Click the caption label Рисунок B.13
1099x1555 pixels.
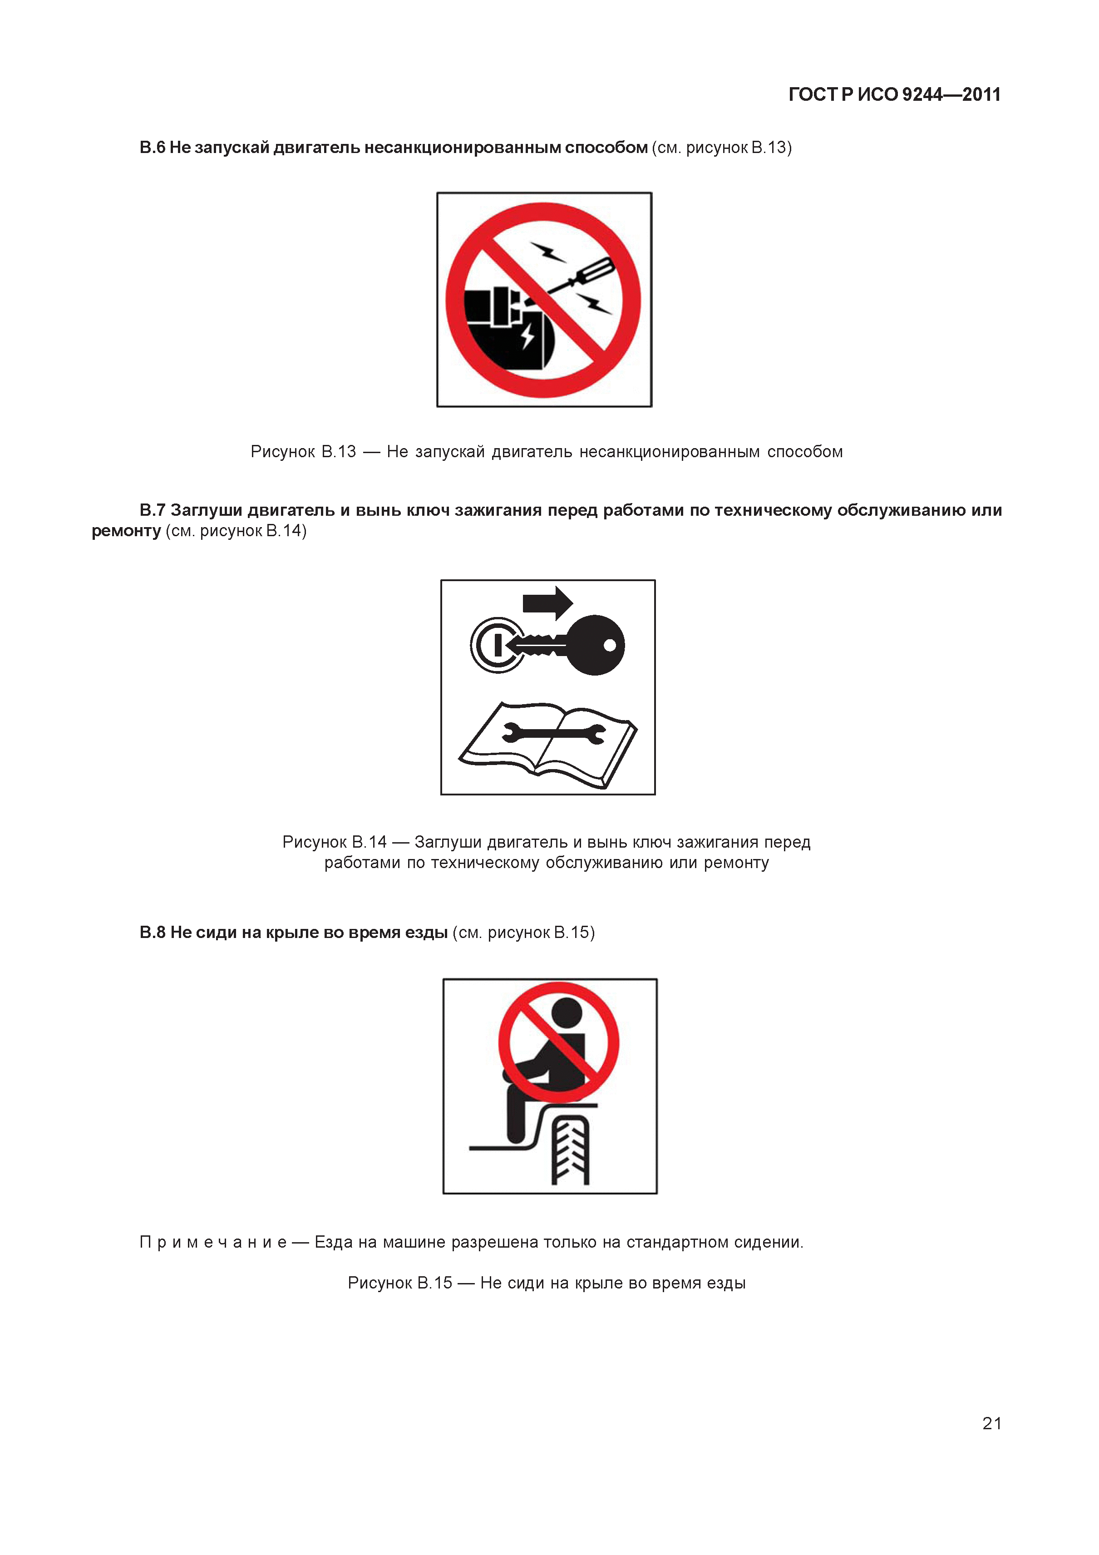pos(303,452)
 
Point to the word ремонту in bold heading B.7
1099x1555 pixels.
pos(126,531)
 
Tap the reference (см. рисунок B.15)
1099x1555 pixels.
pos(523,933)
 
